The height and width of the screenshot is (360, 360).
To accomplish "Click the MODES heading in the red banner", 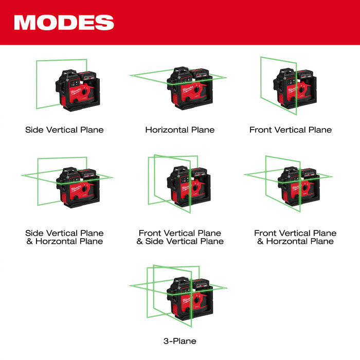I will pos(64,23).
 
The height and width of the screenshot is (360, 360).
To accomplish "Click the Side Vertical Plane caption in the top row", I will pos(64,130).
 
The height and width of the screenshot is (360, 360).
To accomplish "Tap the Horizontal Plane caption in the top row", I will pos(179,130).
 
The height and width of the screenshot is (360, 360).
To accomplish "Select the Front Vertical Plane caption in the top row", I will pos(291,130).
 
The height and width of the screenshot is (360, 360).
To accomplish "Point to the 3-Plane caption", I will pos(179,340).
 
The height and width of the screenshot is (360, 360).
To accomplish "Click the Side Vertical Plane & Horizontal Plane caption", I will pos(64,237).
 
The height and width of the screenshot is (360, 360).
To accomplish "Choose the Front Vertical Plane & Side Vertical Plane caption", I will pos(179,237).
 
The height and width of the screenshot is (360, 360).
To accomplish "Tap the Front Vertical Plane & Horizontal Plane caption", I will pos(295,237).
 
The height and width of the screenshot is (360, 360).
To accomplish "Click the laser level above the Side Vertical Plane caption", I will pos(76,90).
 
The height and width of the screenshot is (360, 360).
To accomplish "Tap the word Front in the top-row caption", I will pos(260,130).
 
